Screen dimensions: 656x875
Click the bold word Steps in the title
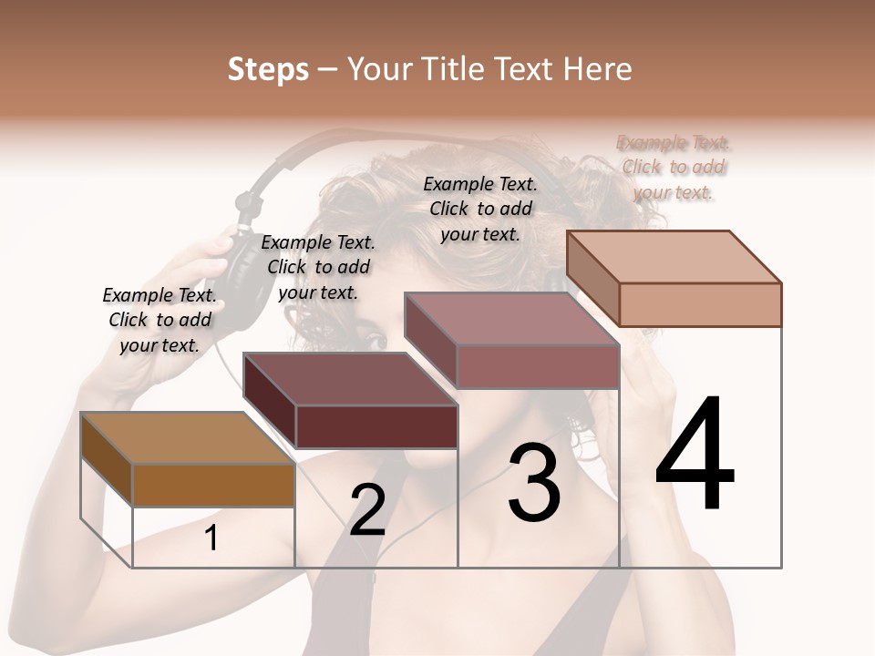[268, 69]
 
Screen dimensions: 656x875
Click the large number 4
[695, 455]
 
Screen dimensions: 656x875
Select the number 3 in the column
[533, 483]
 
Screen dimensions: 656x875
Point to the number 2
[367, 510]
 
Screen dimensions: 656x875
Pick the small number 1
[211, 538]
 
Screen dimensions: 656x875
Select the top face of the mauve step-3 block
[511, 318]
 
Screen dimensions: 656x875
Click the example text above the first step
[160, 320]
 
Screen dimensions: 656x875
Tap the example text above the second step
[318, 267]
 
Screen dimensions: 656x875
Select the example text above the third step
[480, 209]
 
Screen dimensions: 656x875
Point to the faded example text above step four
[674, 167]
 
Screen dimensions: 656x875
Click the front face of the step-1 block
[214, 486]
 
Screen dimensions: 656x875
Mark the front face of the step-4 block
[700, 304]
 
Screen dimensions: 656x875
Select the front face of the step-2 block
[376, 426]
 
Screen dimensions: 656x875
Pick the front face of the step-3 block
[538, 366]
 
